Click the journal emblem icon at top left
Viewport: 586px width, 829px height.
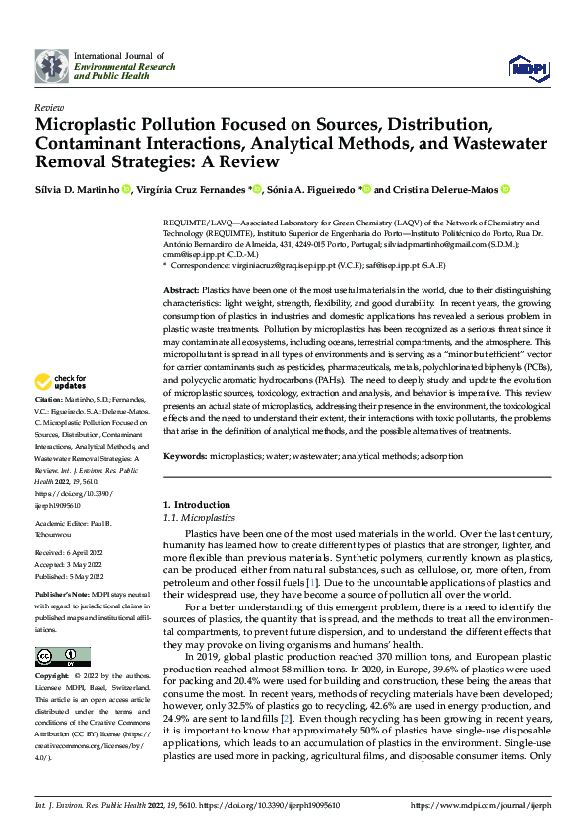click(51, 65)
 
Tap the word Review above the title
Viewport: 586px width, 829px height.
click(48, 107)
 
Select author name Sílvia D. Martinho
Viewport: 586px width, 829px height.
click(77, 189)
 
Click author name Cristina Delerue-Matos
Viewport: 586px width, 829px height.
click(458, 189)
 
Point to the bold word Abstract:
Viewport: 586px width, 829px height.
click(181, 293)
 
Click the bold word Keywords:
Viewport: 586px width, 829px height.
click(185, 456)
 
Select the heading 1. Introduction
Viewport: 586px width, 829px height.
click(196, 505)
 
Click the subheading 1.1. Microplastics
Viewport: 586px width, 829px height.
click(199, 517)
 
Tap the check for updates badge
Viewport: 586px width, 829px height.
click(61, 382)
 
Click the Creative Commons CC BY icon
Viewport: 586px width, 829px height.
click(57, 657)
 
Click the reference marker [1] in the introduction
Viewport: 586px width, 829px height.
click(311, 582)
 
